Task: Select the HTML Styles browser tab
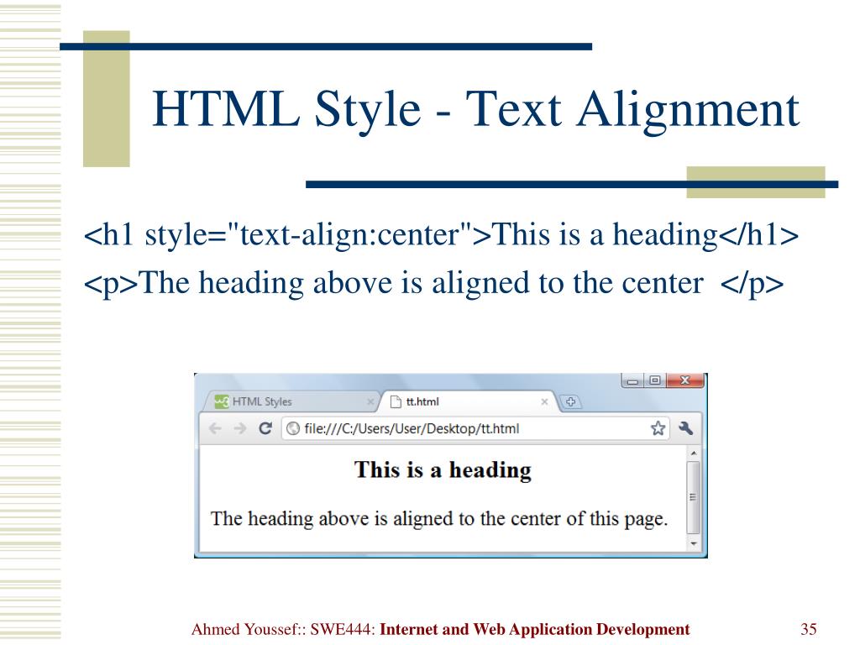(261, 401)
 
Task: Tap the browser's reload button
(265, 428)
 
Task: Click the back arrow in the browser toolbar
(215, 428)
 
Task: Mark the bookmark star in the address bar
(658, 428)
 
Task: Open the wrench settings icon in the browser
(685, 428)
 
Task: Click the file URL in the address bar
(411, 428)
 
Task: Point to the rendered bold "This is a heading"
(443, 469)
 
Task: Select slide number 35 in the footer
(810, 629)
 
